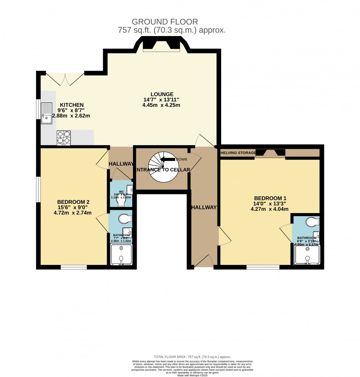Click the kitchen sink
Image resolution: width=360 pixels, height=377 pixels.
click(47, 113)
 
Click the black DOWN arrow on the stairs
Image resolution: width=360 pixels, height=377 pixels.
click(168, 159)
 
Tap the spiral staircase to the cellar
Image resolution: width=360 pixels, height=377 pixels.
click(162, 167)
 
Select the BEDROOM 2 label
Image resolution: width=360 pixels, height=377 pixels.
click(73, 202)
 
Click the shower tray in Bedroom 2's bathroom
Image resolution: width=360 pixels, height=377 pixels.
click(122, 254)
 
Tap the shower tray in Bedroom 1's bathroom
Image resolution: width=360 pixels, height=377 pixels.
click(307, 255)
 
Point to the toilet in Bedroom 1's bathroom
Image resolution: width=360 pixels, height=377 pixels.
click(313, 222)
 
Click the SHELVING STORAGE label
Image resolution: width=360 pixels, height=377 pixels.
click(238, 152)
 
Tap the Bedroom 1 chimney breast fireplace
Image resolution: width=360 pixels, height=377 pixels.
click(270, 153)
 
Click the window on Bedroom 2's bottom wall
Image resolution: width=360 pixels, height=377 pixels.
click(73, 267)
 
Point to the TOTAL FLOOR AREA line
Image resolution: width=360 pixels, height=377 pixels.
click(192, 357)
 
